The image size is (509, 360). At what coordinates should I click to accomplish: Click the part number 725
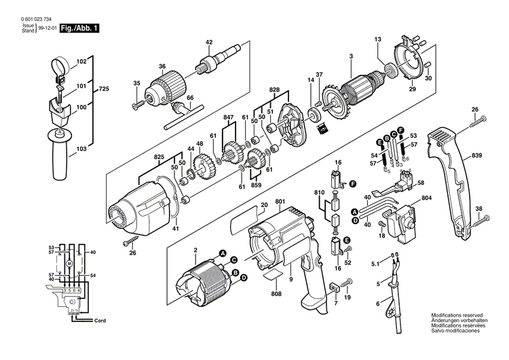coord(104,90)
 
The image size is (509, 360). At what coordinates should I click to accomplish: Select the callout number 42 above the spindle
coord(208,42)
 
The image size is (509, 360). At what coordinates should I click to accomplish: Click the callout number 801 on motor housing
coord(280,201)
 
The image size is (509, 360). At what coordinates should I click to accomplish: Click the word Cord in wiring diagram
coord(100,319)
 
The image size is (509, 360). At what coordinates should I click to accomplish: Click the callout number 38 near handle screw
coord(479,209)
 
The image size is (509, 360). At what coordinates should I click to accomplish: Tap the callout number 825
coord(158,157)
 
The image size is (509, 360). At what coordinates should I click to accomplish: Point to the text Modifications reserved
coord(458,315)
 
